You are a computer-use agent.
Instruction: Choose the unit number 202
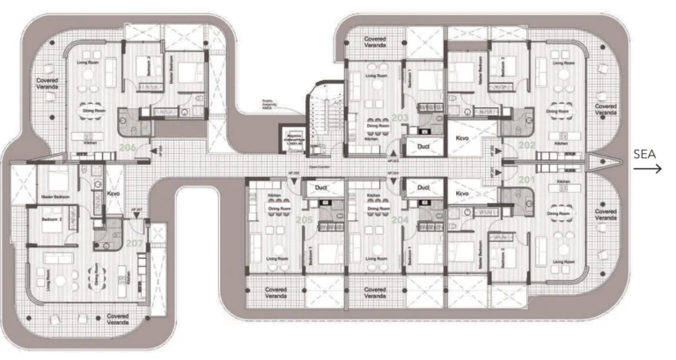526,145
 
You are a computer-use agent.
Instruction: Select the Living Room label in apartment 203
377,77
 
